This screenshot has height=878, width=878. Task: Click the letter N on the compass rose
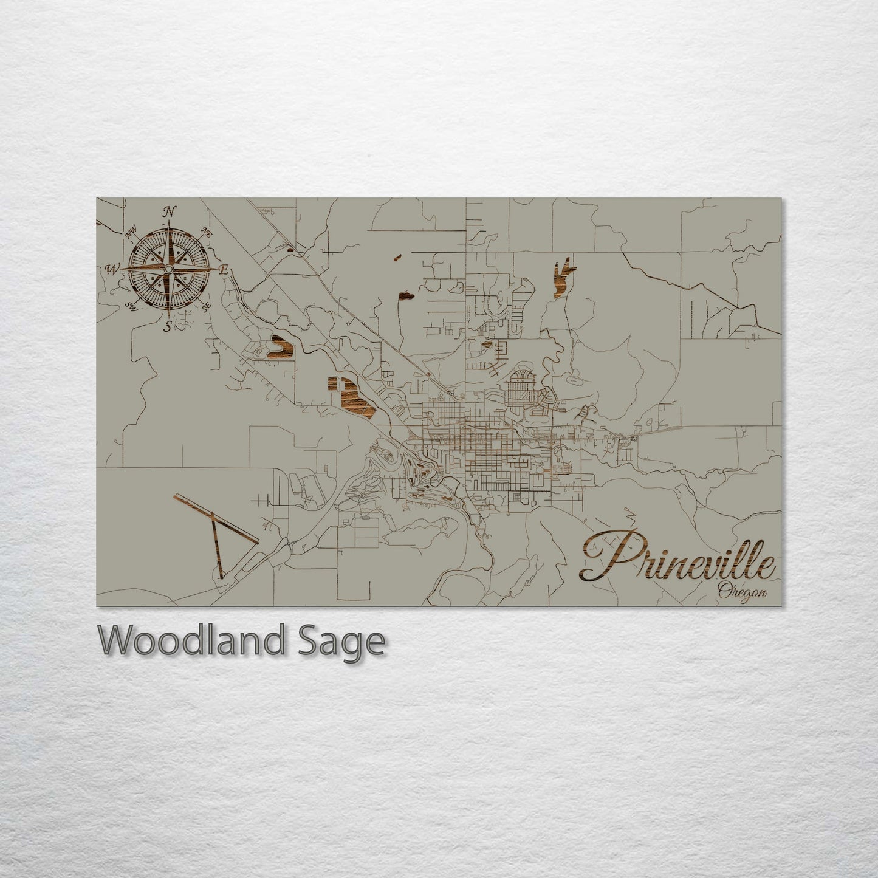(x=170, y=211)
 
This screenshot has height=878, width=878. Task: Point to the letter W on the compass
(x=112, y=269)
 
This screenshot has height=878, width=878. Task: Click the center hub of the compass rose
(x=169, y=269)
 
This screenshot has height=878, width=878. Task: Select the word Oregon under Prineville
(x=741, y=589)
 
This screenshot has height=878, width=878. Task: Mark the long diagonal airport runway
(x=216, y=520)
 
